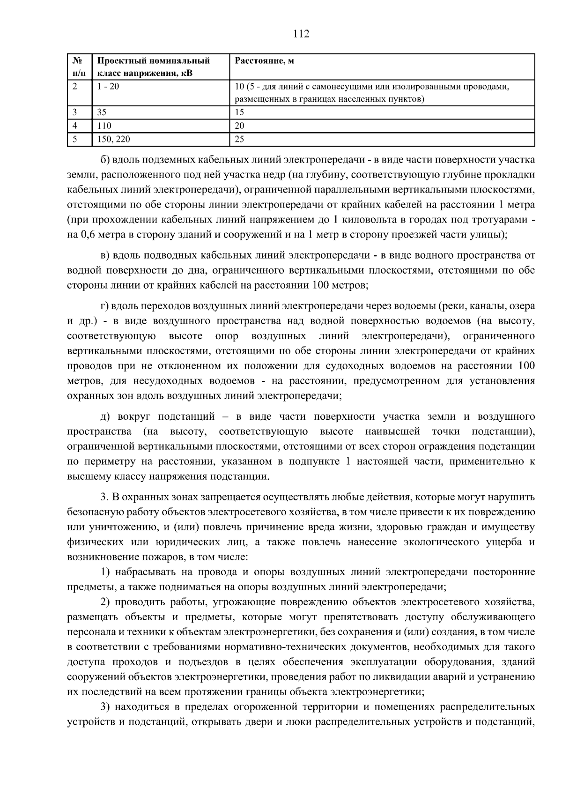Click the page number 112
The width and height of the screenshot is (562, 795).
click(301, 34)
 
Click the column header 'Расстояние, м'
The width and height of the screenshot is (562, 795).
click(264, 61)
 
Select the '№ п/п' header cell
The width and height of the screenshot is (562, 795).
click(79, 67)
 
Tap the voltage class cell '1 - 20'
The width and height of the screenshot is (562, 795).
click(108, 87)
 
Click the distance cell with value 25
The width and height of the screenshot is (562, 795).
click(239, 139)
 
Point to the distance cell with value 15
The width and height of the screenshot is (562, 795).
click(239, 112)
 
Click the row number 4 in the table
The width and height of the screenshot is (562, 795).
click(75, 126)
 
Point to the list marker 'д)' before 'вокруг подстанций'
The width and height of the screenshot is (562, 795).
click(106, 416)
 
